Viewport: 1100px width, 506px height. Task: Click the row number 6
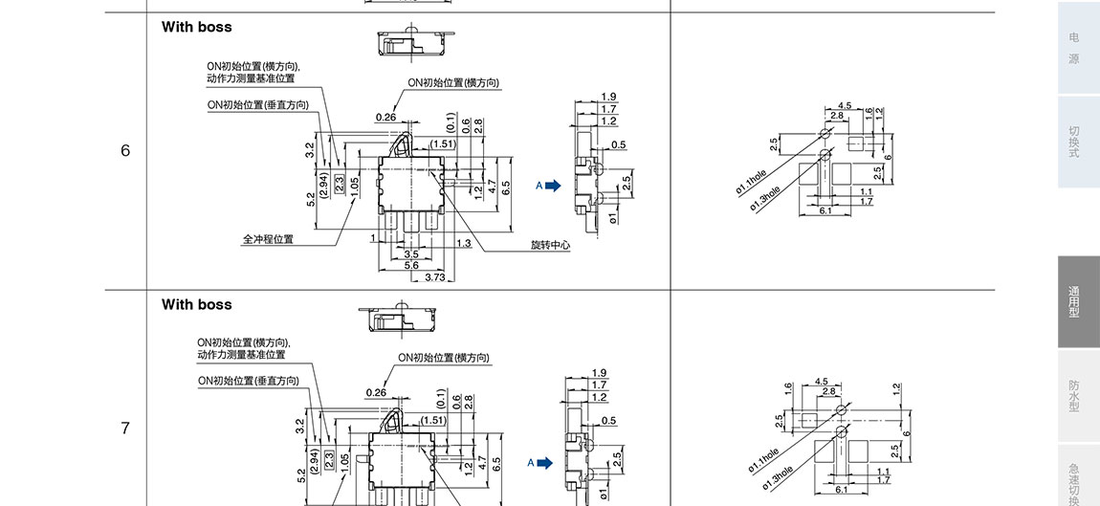point(125,151)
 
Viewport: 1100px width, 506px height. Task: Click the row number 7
point(125,429)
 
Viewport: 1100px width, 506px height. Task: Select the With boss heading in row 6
point(197,27)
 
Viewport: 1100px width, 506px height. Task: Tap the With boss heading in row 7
point(197,304)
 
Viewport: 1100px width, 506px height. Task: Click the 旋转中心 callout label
point(550,246)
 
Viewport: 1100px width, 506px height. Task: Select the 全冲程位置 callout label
point(268,239)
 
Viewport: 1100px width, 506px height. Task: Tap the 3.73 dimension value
point(434,277)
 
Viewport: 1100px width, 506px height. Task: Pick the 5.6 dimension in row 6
point(411,266)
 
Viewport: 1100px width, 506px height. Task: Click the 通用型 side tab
point(1074,302)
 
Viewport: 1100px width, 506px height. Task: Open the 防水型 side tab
point(1074,397)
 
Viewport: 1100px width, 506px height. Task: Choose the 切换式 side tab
point(1074,142)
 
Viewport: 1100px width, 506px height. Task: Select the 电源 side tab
point(1074,48)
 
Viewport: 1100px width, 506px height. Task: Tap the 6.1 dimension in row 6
point(825,210)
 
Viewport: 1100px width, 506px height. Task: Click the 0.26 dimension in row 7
point(376,392)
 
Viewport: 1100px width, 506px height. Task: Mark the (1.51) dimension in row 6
point(443,144)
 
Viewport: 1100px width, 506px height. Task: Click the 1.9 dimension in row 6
point(609,97)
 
